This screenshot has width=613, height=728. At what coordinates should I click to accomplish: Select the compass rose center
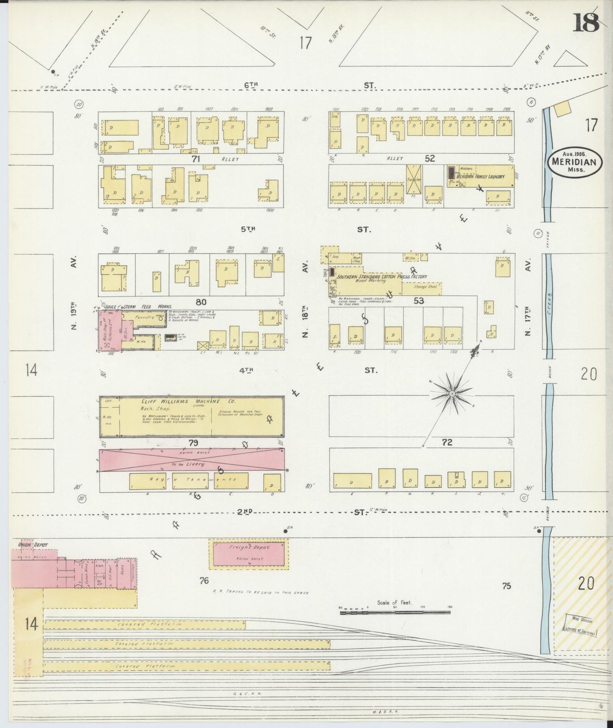tap(452, 394)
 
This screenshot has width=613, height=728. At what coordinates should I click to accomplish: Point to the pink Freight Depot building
tap(249, 553)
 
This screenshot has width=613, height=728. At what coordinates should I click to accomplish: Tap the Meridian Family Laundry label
tap(480, 176)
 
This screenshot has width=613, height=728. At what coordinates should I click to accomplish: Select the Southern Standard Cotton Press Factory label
tap(381, 277)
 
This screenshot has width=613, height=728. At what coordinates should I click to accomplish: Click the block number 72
tap(447, 443)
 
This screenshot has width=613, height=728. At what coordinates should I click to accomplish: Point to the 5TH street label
tap(248, 229)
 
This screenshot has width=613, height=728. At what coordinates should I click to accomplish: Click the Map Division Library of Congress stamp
tap(579, 625)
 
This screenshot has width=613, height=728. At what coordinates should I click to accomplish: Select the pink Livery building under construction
tap(192, 460)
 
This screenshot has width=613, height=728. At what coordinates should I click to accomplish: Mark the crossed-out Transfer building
tap(413, 179)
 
